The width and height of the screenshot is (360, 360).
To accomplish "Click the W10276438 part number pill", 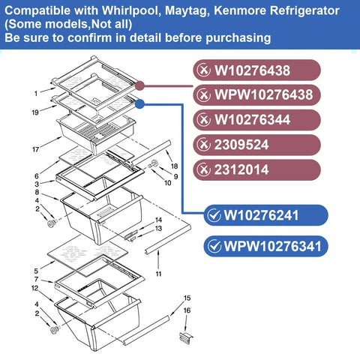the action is (256, 70).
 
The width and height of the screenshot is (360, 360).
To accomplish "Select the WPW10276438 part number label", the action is (256, 95).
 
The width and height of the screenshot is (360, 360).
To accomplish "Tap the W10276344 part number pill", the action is (256, 120).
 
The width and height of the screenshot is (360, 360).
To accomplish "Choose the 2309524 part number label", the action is (256, 145).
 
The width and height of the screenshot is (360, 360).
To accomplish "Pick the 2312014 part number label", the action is (256, 169).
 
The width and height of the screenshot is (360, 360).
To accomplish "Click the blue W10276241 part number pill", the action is (265, 215).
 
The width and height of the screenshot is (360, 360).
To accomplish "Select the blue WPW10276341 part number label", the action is (265, 246).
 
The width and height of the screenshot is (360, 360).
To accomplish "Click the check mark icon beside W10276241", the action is (214, 215).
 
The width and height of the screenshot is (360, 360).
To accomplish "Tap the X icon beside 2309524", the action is (204, 145).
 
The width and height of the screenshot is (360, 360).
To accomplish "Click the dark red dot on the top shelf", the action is (140, 86).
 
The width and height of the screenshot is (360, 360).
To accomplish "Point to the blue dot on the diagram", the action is (140, 104).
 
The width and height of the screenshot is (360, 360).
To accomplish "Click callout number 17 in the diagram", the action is (35, 149).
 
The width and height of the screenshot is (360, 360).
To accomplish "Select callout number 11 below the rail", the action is (158, 274).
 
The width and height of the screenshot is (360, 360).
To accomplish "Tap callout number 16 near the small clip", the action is (187, 310).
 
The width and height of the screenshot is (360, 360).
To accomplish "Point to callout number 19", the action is (35, 112).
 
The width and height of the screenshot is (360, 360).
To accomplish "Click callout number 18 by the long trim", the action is (174, 166).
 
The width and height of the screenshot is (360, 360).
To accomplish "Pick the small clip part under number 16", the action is (186, 338).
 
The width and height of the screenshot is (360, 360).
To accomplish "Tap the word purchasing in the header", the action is (238, 38).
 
